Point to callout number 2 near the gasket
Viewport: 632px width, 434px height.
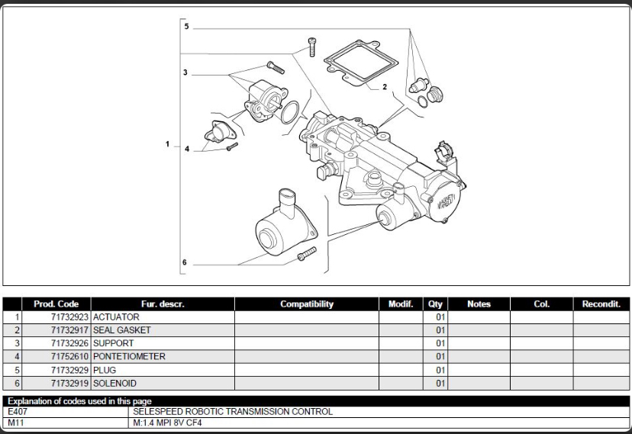click(385, 87)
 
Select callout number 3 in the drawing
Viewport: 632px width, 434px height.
click(185, 72)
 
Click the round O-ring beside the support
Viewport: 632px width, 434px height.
click(289, 114)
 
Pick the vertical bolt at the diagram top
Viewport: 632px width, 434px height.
click(311, 46)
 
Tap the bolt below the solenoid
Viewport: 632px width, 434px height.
click(306, 254)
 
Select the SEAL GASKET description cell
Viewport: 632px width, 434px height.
click(122, 330)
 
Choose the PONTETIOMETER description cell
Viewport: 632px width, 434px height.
click(129, 356)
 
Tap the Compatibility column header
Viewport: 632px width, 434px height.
click(307, 304)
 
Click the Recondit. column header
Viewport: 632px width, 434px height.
click(601, 304)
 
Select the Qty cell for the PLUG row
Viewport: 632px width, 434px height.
click(440, 370)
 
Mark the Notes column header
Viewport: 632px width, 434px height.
click(479, 304)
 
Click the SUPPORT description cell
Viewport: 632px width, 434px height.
click(114, 343)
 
